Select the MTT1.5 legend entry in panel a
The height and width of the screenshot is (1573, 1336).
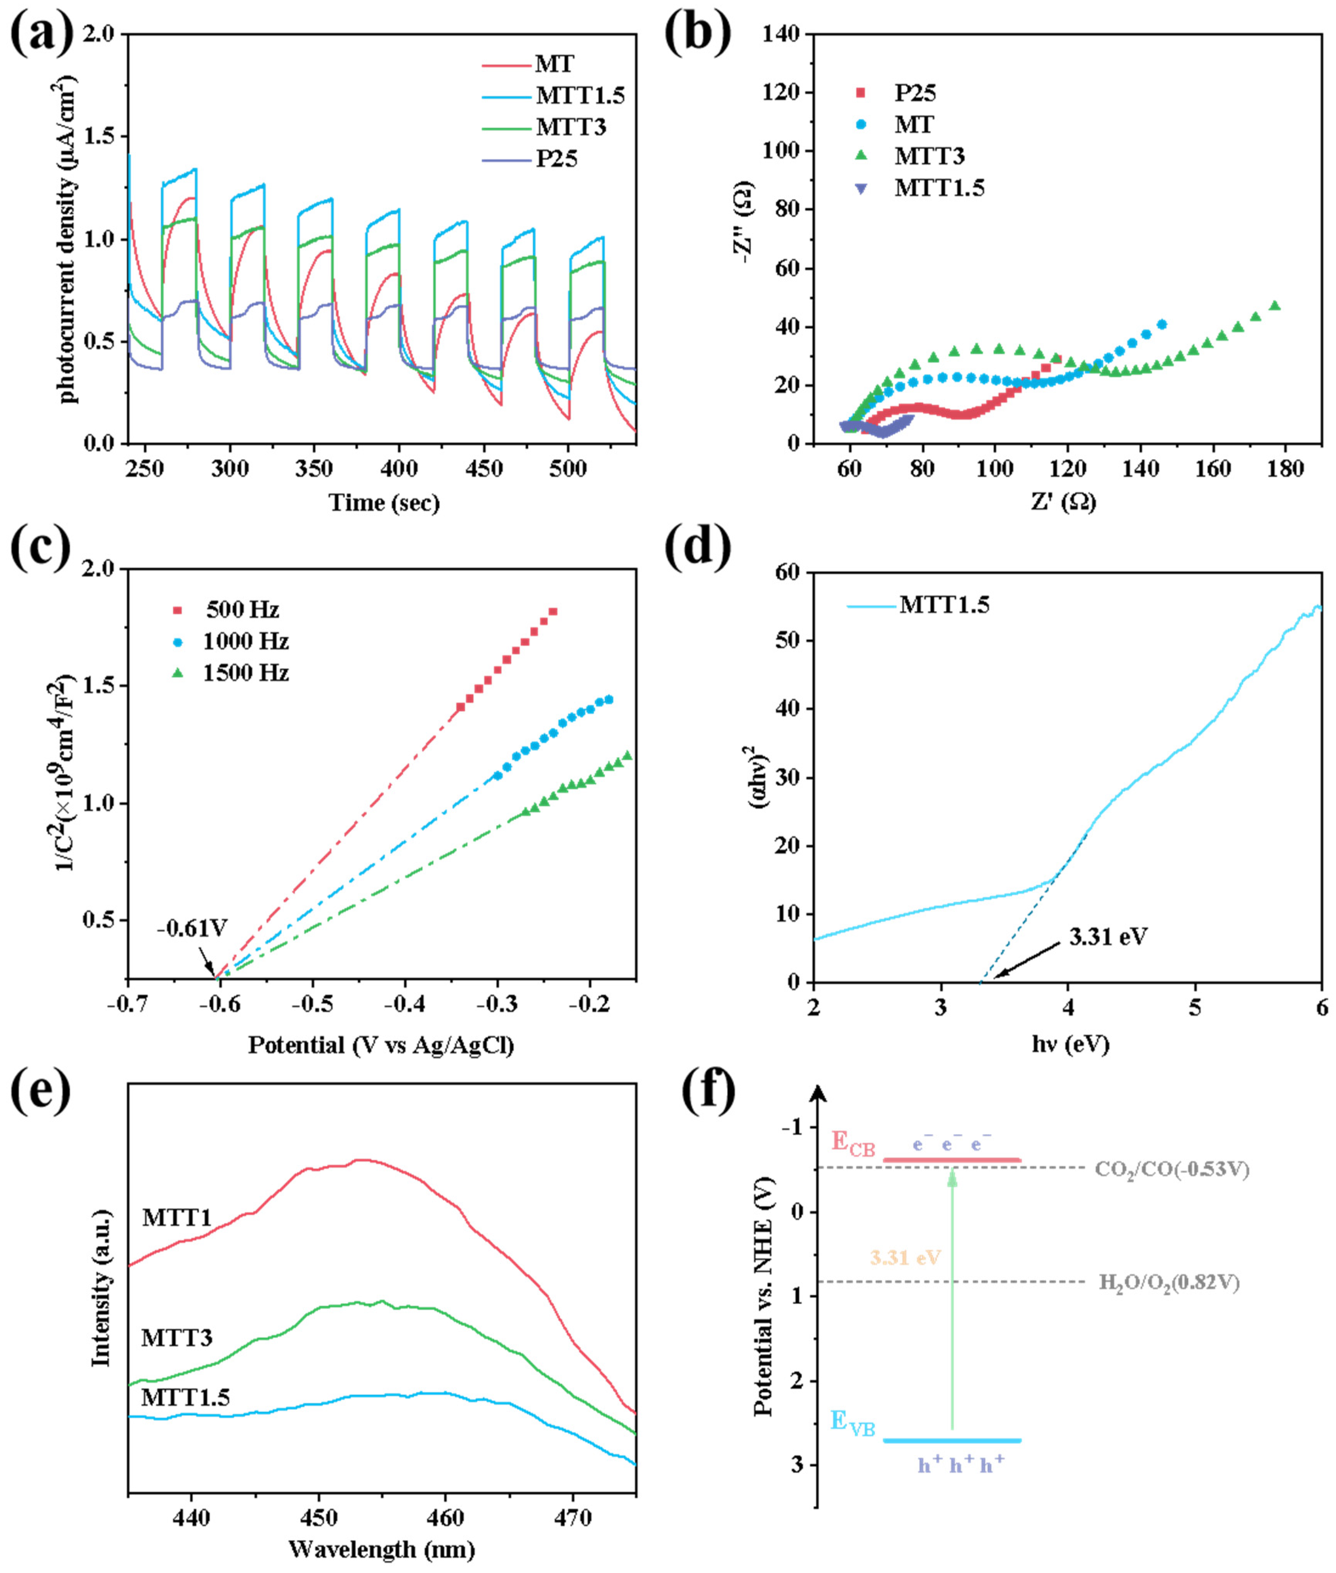click(579, 95)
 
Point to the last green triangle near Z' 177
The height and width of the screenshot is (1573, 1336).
click(1275, 306)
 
